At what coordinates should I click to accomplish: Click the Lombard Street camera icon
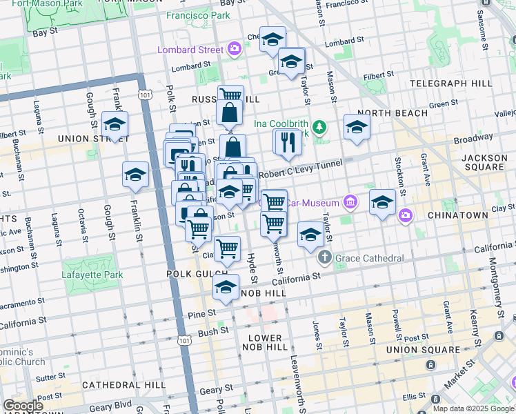tap(235, 49)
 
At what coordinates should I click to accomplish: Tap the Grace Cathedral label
tap(369, 259)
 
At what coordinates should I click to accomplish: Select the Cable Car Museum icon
tap(350, 202)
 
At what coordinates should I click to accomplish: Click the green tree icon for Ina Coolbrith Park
tap(319, 127)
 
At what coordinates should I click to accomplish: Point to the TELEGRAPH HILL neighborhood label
tap(451, 83)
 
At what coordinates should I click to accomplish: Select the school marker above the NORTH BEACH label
tap(357, 127)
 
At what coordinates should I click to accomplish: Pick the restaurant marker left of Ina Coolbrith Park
tap(286, 142)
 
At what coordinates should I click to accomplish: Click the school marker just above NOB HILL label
tap(226, 288)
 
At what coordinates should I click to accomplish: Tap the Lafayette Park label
tap(92, 275)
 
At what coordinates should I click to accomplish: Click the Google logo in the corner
tap(23, 406)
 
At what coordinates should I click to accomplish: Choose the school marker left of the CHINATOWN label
tap(381, 202)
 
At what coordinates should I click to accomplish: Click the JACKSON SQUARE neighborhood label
tap(485, 163)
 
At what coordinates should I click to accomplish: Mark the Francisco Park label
tap(202, 14)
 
